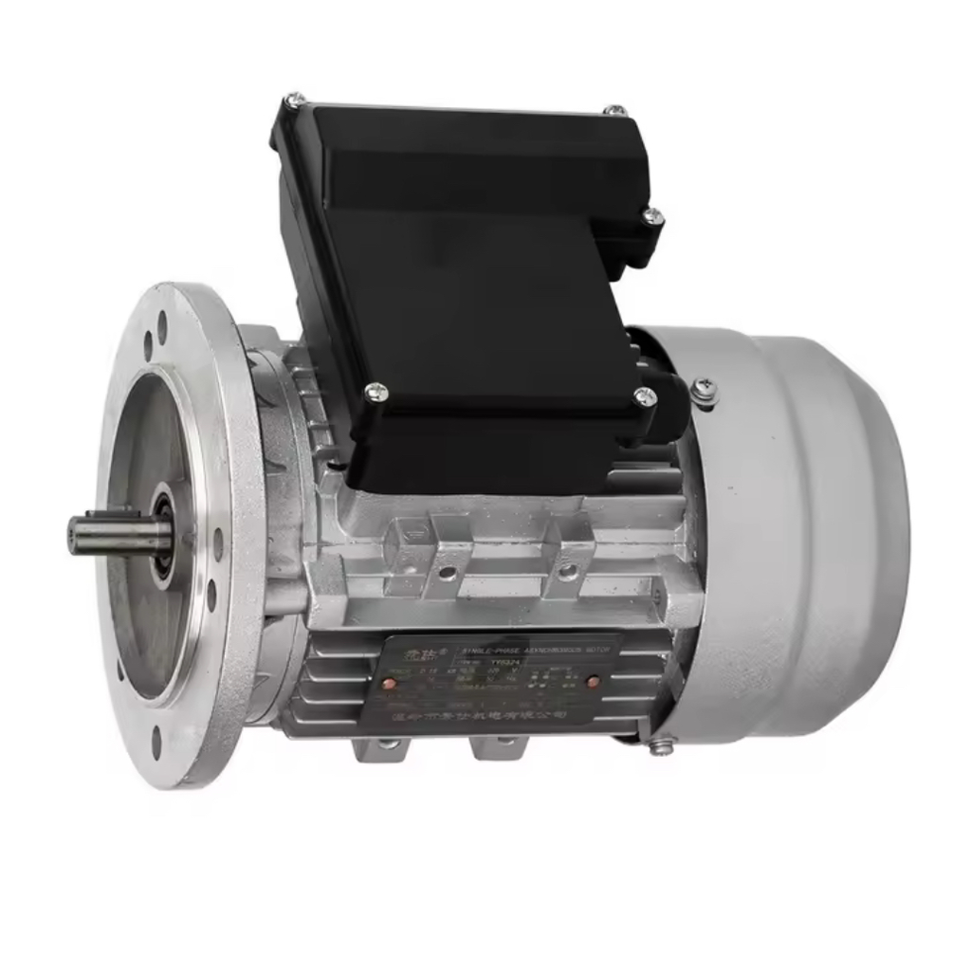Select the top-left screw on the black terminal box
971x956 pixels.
(x=295, y=99)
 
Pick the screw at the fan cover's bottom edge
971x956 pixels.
(x=661, y=745)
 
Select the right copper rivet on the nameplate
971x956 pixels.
(x=593, y=681)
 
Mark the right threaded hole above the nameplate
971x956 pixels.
(x=566, y=571)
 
